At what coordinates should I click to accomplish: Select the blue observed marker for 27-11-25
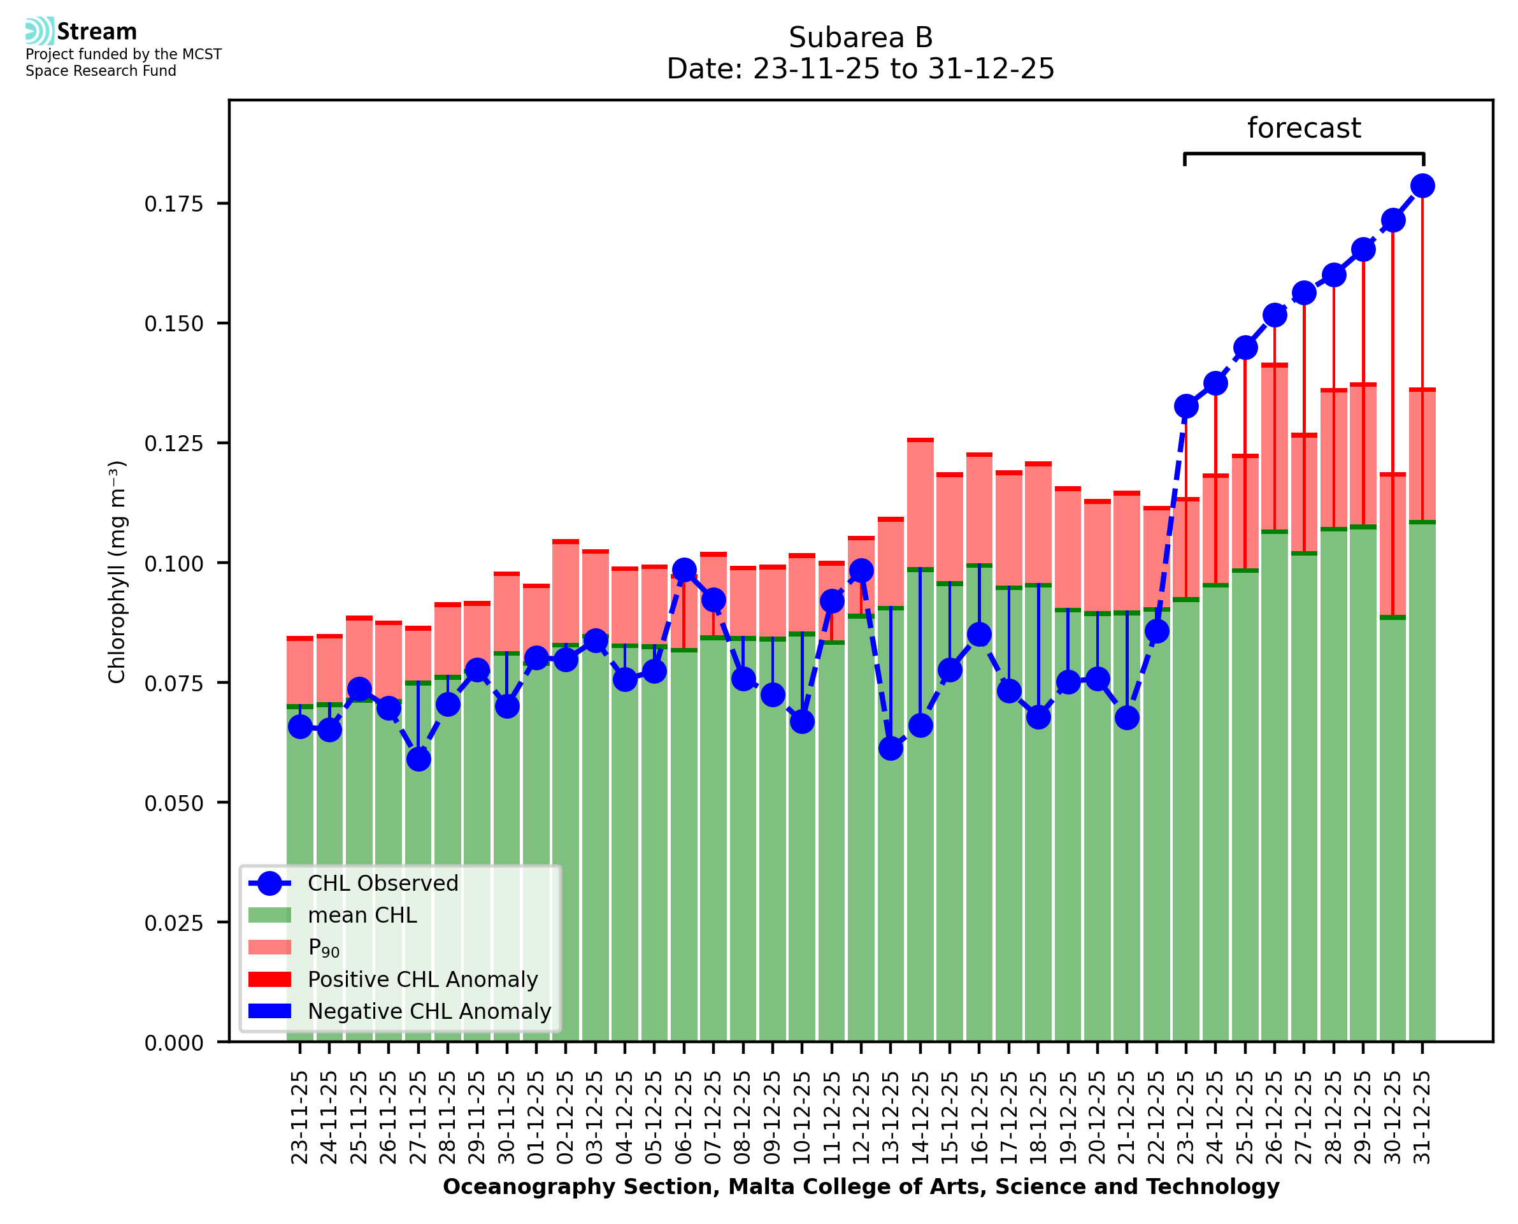pyautogui.click(x=418, y=760)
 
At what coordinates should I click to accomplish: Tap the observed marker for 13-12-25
pyautogui.click(x=890, y=748)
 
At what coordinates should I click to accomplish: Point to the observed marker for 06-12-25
pyautogui.click(x=684, y=570)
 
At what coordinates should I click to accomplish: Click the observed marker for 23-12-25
pyautogui.click(x=1185, y=406)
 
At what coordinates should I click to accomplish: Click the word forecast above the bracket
pyautogui.click(x=1303, y=128)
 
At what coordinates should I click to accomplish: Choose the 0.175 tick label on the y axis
pyautogui.click(x=173, y=204)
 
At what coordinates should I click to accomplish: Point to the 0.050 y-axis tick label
pyautogui.click(x=173, y=803)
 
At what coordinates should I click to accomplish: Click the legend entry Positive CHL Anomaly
pyautogui.click(x=422, y=979)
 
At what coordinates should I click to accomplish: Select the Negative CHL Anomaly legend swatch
pyautogui.click(x=269, y=1011)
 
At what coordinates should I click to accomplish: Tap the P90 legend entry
pyautogui.click(x=324, y=947)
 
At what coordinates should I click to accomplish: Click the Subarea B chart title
pyautogui.click(x=860, y=38)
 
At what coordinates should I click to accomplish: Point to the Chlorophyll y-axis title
pyautogui.click(x=117, y=571)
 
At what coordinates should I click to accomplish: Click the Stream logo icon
pyautogui.click(x=39, y=31)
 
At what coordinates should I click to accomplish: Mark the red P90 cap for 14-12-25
pyautogui.click(x=920, y=440)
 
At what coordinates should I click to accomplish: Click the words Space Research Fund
pyautogui.click(x=101, y=71)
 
